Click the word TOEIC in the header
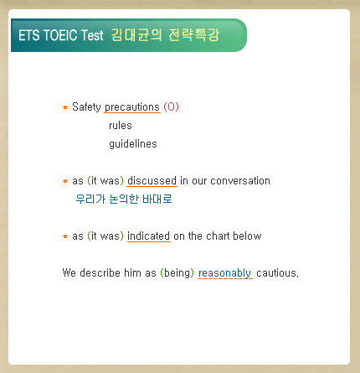click(60, 35)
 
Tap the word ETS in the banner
click(29, 35)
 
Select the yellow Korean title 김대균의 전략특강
click(165, 35)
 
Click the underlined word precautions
click(132, 107)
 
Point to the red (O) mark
click(171, 106)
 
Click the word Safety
click(86, 107)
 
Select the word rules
click(121, 126)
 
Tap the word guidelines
click(133, 144)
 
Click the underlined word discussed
click(152, 181)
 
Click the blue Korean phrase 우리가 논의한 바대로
click(124, 199)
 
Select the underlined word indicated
click(148, 236)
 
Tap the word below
click(247, 236)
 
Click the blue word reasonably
click(224, 273)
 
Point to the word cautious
click(277, 273)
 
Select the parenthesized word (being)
click(177, 273)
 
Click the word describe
click(100, 272)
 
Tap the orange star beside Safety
click(65, 107)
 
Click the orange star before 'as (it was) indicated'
click(65, 236)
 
